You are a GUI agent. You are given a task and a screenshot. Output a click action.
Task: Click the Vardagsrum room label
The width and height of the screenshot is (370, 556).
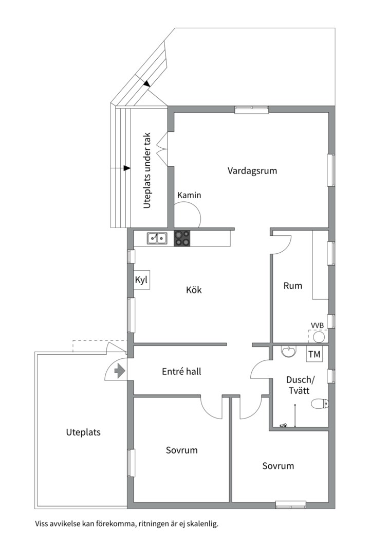252,171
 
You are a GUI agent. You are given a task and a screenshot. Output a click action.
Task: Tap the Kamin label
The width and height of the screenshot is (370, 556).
189,196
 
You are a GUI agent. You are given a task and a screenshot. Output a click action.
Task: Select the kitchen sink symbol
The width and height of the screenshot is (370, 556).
157,238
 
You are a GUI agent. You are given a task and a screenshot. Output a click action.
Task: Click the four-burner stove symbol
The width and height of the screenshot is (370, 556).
182,238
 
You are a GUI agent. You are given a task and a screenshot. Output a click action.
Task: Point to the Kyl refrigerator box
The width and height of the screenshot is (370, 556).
141,281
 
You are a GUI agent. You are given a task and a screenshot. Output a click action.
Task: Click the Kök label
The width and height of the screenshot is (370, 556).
194,290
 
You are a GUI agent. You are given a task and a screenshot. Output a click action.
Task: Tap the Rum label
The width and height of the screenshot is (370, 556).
292,286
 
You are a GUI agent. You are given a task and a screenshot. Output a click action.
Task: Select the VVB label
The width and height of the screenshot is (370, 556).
317,325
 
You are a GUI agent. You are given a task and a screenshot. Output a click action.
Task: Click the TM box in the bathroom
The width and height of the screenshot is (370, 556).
313,354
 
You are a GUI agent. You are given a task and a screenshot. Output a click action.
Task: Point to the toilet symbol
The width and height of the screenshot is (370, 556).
321,404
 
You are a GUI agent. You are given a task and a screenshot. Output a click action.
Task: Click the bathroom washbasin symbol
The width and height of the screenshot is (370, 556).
289,352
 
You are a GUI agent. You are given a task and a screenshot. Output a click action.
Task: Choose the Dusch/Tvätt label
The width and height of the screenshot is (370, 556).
299,385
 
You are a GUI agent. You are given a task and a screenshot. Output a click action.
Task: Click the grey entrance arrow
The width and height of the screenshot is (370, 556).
120,371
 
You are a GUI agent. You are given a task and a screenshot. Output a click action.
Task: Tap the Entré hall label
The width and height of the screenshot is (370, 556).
181,371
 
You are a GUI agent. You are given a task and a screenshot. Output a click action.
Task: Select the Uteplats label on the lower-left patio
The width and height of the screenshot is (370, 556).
83,432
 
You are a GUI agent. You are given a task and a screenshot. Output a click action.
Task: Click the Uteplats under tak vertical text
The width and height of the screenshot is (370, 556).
147,171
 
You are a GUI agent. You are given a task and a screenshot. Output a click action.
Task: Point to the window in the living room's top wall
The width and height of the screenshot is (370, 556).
252,109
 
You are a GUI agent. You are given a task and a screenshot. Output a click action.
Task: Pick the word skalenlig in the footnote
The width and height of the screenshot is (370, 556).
203,524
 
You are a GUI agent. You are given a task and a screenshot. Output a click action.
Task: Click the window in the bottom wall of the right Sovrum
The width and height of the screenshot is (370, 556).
290,505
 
